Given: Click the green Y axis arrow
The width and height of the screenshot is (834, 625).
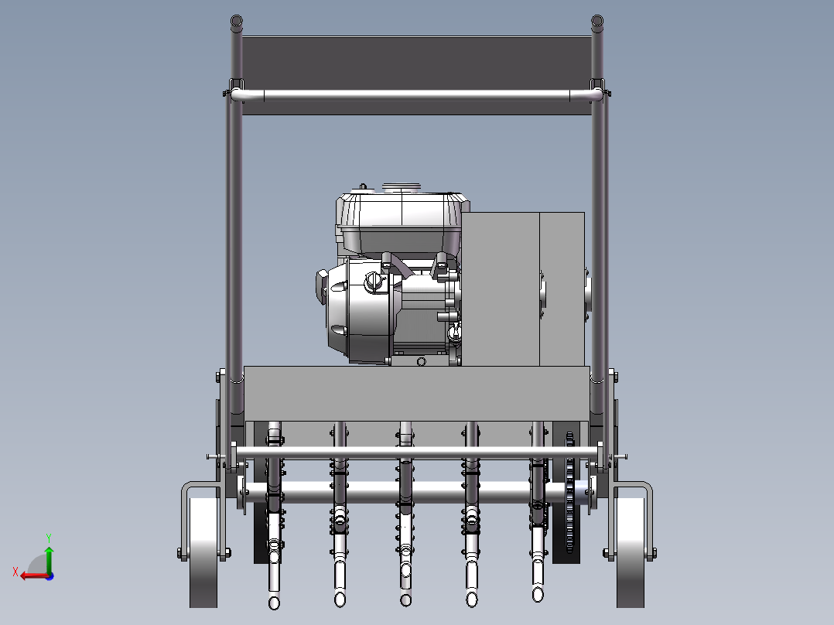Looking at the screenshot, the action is click(x=49, y=558).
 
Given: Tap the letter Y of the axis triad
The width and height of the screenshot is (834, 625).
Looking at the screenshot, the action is click(x=49, y=538).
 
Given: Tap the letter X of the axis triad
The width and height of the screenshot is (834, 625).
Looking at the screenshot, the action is click(x=15, y=572).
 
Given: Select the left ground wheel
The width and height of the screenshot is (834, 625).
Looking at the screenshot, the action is click(x=203, y=552).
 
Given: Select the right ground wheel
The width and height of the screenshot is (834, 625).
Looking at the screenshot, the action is click(x=631, y=552).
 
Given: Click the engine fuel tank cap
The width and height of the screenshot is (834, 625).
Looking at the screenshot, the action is click(x=402, y=187).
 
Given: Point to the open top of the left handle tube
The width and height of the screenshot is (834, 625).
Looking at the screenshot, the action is click(x=236, y=22).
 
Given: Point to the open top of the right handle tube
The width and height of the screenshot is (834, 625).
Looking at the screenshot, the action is click(x=597, y=22).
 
